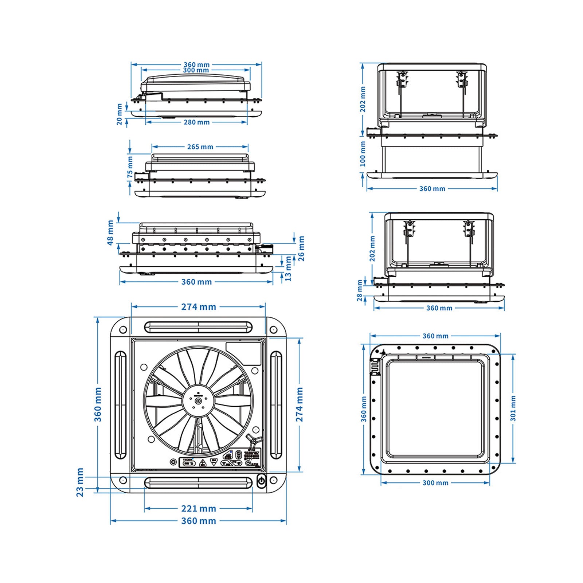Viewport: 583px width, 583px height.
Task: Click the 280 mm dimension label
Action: coord(196,122)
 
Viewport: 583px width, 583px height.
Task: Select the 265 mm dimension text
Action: coord(200,147)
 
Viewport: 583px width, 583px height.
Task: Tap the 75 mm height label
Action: coord(130,168)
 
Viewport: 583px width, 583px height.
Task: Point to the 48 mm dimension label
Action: coord(110,232)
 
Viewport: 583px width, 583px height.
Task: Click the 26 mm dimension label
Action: coord(301,249)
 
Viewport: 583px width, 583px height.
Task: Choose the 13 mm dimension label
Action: coord(288,269)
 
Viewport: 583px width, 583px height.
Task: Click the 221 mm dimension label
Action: coord(199,508)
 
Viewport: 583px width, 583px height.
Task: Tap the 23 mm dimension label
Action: coord(80,482)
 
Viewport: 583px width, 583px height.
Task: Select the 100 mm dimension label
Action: coord(363,154)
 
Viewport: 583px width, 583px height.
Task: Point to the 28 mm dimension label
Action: coord(360,290)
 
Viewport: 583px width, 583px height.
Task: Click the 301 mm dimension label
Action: coord(513,408)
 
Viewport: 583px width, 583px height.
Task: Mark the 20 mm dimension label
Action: coord(120,114)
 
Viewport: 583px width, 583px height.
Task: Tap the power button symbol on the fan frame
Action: coord(261,481)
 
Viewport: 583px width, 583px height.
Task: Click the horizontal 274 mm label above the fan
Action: coord(199,307)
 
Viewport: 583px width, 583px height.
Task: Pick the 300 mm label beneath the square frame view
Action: coord(435,483)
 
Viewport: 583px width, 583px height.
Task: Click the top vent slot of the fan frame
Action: coord(198,327)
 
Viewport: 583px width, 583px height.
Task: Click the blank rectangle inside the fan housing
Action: coord(243,353)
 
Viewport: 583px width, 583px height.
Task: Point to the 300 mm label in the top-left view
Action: coord(196,70)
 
